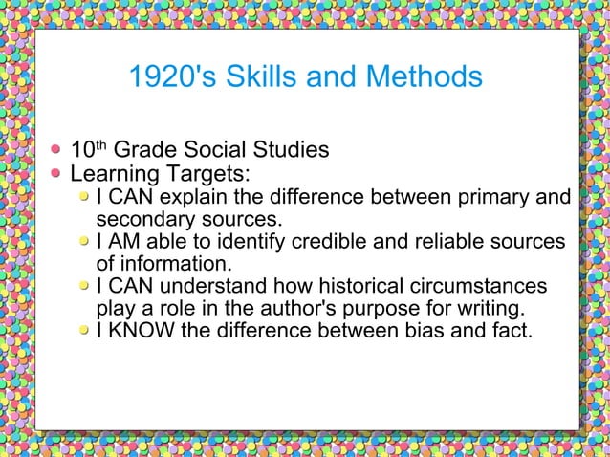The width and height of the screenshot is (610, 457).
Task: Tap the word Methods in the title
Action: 415,76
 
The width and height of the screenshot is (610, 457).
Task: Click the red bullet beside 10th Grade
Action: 57,150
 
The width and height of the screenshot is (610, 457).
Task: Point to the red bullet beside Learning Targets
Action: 57,174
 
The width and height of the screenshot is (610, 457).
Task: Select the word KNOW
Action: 141,332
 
